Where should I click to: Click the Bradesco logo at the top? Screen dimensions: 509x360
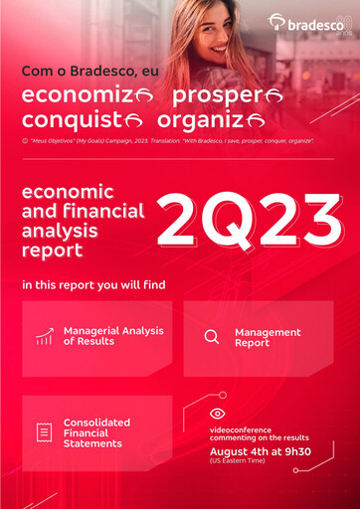pyautogui.click(x=309, y=23)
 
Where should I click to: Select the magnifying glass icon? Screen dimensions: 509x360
pyautogui.click(x=211, y=336)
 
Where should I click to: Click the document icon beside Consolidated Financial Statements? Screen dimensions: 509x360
pyautogui.click(x=44, y=432)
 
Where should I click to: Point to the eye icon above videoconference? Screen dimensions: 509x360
pyautogui.click(x=217, y=414)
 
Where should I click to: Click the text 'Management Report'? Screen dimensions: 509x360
pyautogui.click(x=268, y=336)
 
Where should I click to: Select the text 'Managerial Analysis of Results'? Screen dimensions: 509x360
pyautogui.click(x=113, y=336)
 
